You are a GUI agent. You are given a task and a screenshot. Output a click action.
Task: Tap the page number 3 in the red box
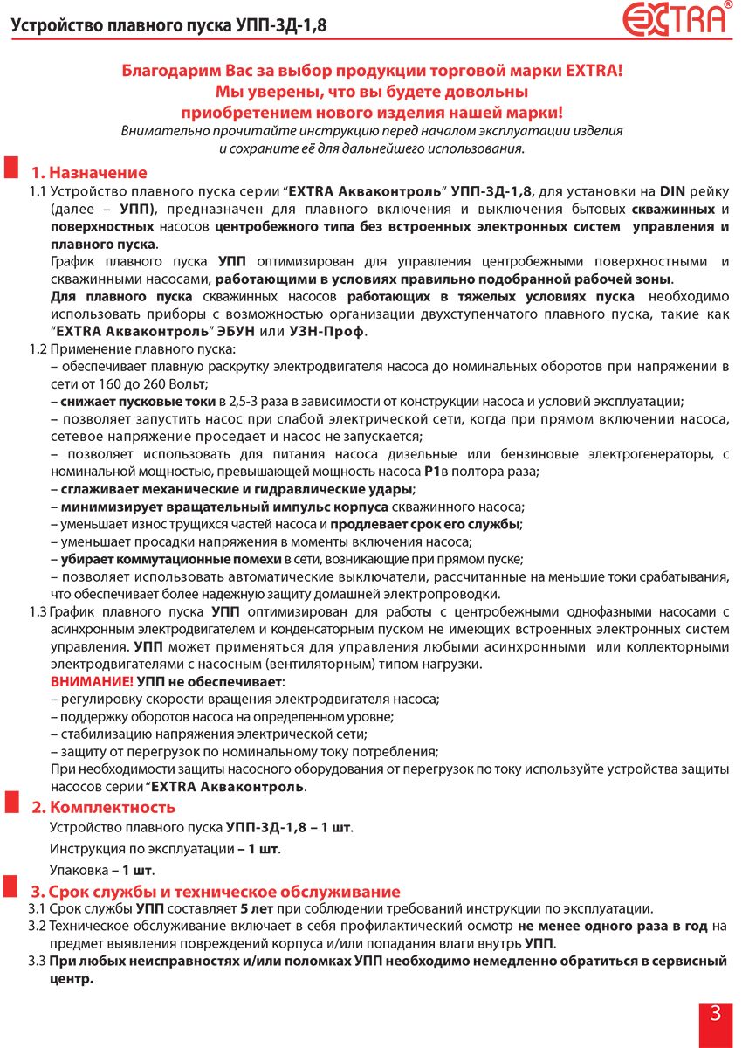(715, 1014)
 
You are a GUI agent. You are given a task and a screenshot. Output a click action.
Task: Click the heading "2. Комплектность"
(104, 806)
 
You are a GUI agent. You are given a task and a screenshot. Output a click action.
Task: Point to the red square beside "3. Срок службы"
(13, 888)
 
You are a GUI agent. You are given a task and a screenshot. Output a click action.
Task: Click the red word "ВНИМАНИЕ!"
(92, 681)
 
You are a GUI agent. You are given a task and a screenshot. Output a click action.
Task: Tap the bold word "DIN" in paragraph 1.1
(671, 190)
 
